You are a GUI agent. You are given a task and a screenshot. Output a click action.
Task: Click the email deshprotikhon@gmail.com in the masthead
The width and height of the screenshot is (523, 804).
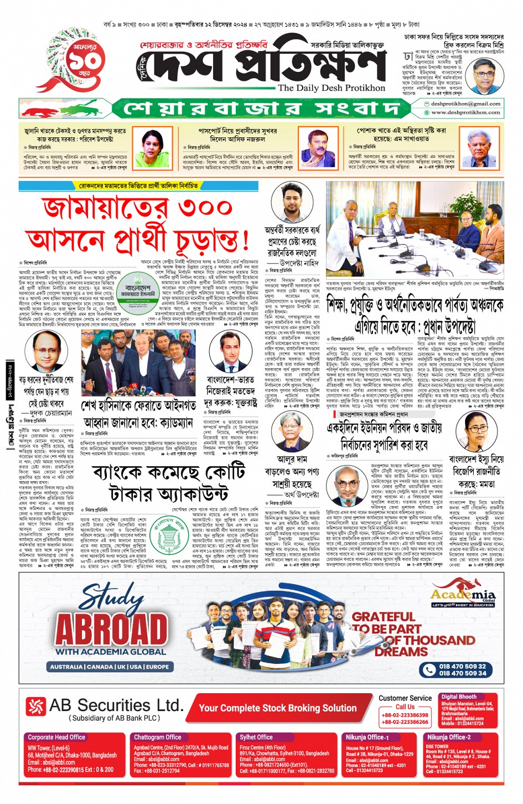pos(465,104)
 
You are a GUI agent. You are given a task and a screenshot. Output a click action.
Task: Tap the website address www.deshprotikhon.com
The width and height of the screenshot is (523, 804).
pos(465,112)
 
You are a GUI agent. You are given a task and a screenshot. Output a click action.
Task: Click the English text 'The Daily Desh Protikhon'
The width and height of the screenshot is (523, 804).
pos(331,88)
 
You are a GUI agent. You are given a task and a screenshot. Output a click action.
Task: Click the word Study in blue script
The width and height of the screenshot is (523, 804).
pos(112,598)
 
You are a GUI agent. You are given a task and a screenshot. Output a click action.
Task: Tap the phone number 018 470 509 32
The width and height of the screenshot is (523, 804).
pos(462,666)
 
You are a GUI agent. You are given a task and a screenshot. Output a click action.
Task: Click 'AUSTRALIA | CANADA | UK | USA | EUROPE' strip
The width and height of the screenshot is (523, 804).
pos(109,667)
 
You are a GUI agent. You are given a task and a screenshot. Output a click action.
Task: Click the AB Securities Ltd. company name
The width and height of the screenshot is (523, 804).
pos(116,705)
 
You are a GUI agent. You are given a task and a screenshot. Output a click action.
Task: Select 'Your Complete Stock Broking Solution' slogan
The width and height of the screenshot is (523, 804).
pos(278,708)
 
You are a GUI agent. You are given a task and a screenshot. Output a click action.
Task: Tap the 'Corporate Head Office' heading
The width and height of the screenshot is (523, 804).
pos(56,737)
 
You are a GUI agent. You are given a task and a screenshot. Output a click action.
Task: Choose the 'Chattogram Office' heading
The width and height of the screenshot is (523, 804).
pos(158,737)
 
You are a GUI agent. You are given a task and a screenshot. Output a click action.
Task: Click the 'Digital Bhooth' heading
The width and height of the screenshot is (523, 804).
pos(459,697)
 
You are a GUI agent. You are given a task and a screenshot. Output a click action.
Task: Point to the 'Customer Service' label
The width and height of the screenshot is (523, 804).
pos(405,698)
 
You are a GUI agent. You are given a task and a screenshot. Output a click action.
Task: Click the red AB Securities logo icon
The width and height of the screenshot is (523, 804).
pos(36,706)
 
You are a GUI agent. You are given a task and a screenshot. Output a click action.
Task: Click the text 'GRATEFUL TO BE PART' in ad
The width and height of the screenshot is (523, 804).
pos(386,622)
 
